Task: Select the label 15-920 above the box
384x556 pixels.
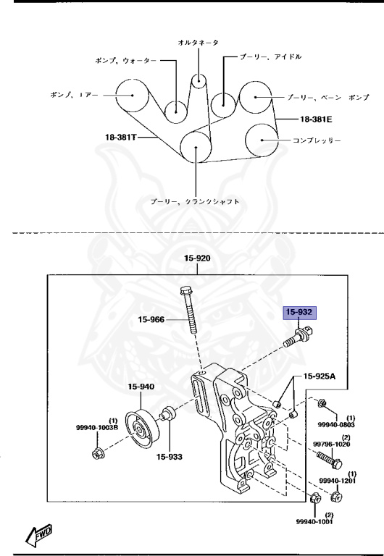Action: coord(197,258)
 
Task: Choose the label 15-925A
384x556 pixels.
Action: coord(319,376)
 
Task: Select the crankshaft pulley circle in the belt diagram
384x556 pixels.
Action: coord(196,148)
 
